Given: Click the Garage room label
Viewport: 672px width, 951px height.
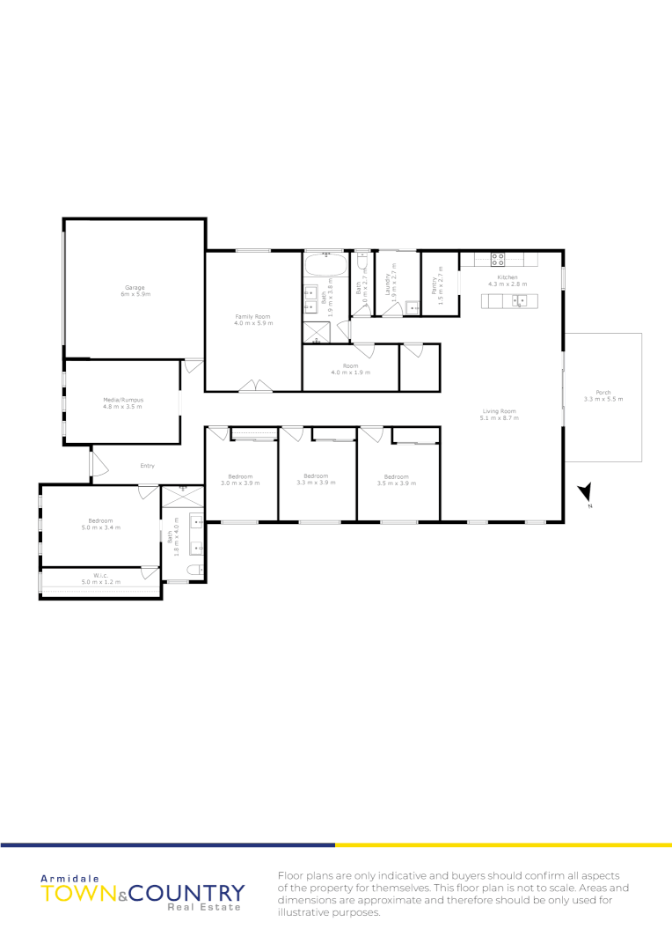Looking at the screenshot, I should click(x=134, y=288).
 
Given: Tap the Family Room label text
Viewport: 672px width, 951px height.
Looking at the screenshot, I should click(x=252, y=316).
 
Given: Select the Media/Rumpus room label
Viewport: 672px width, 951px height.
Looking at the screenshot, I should click(x=122, y=400).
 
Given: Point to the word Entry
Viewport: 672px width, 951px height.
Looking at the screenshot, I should click(x=148, y=466).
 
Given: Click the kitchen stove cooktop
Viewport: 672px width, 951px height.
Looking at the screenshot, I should click(x=497, y=259).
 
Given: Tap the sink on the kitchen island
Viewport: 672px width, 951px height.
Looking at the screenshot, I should click(x=520, y=300).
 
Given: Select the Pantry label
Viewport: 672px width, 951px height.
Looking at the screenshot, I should click(x=434, y=284).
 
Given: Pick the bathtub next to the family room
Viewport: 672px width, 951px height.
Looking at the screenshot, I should click(x=325, y=265).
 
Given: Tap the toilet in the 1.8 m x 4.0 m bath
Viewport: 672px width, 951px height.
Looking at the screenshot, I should click(x=196, y=570).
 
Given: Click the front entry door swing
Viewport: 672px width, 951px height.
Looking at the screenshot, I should click(x=99, y=466).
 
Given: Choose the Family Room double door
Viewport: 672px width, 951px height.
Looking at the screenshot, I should click(x=253, y=385).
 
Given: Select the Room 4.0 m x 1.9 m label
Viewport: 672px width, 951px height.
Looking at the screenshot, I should click(x=351, y=368).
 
